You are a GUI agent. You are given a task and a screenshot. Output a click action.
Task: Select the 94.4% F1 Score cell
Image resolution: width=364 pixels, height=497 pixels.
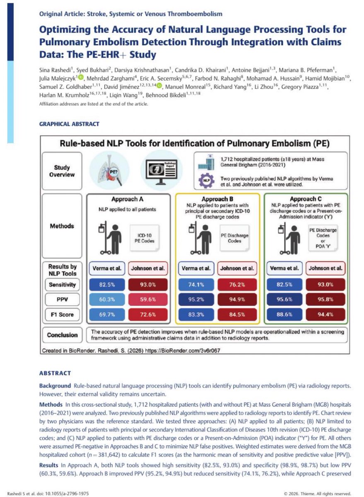[x=325, y=314]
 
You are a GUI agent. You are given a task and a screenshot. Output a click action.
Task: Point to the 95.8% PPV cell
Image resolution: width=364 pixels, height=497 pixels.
[x=325, y=299]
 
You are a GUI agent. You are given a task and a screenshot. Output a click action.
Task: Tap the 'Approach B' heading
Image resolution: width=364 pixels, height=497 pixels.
[x=218, y=199]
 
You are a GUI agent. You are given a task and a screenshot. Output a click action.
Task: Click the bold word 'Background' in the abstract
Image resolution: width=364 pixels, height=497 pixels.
[x=54, y=386]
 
